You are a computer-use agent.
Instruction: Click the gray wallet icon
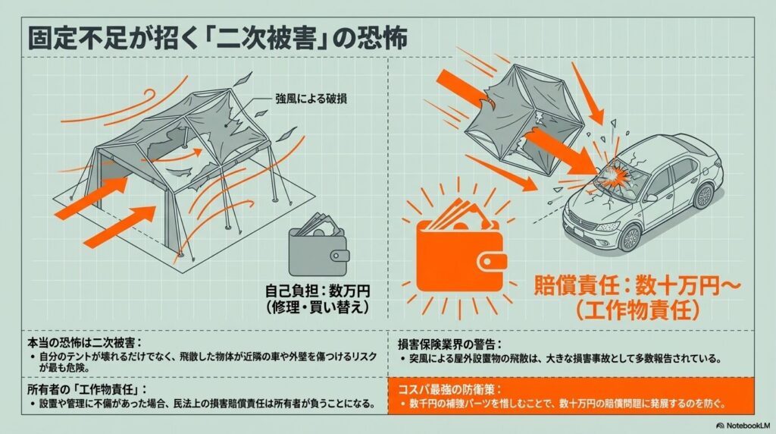click(x=319, y=247)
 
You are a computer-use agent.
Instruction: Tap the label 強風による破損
click(x=311, y=99)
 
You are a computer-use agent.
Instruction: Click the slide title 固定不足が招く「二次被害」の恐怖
click(x=217, y=38)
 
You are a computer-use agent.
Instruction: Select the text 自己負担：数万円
click(x=318, y=291)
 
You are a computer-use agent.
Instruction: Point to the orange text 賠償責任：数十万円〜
click(x=637, y=286)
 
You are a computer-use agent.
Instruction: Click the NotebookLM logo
click(x=743, y=425)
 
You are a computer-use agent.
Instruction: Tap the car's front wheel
click(x=630, y=237)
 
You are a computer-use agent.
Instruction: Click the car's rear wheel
click(x=702, y=196)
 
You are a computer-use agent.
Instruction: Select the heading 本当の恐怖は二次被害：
click(x=85, y=342)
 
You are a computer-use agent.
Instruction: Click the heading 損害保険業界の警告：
click(x=450, y=344)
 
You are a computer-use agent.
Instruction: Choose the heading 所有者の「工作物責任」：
click(x=87, y=389)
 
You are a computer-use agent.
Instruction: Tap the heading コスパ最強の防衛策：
click(x=450, y=389)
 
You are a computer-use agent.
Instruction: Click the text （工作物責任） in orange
click(x=637, y=310)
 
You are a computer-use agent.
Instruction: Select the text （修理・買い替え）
click(x=318, y=307)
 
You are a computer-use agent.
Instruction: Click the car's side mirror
click(x=650, y=198)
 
